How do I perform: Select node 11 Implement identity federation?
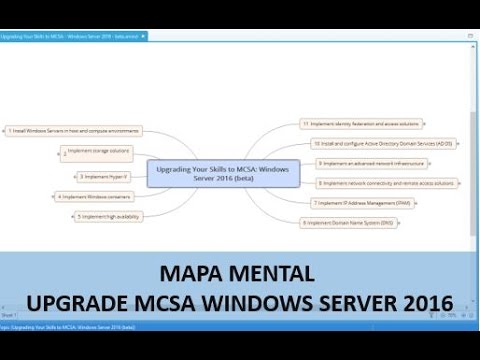[362, 124]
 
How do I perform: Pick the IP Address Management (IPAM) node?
[359, 203]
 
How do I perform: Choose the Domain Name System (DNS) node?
[351, 223]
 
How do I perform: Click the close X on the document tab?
[144, 35]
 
